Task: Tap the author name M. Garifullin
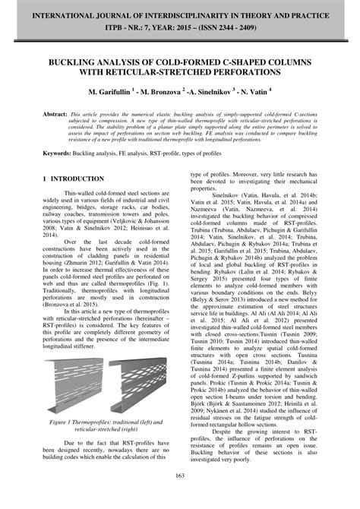108,92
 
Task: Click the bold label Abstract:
54,113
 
